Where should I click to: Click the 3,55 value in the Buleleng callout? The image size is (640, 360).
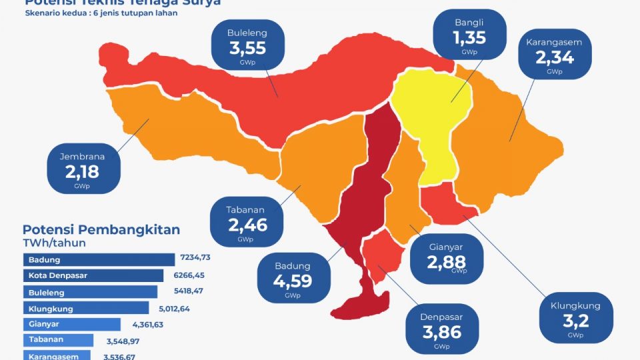coord(247,48)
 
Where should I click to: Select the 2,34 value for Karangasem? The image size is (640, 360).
coord(554,57)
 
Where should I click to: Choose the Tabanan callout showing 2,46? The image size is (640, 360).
coord(247,225)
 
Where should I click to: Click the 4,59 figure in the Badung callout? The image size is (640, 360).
coord(292,280)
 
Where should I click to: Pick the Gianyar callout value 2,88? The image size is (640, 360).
coord(446,261)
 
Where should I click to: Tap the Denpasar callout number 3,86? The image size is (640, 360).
coord(441,330)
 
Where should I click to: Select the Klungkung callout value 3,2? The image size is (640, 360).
coord(575,321)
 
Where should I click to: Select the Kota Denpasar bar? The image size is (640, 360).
coord(93,275)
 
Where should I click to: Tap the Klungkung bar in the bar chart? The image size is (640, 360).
coord(86,308)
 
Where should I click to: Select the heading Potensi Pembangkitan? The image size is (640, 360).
coord(101,230)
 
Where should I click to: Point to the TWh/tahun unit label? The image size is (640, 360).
coord(54,243)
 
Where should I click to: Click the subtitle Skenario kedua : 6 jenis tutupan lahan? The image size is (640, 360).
coord(101,13)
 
